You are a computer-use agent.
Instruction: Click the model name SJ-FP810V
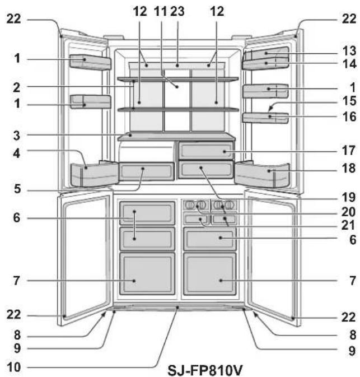[205, 370]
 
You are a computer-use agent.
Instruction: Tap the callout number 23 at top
[177, 11]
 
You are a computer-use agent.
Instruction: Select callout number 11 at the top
[160, 11]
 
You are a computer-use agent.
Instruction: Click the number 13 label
[349, 51]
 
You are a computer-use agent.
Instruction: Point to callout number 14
[349, 64]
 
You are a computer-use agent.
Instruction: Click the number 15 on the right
[349, 100]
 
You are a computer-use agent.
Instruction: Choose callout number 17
[349, 150]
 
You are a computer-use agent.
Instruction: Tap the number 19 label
[349, 197]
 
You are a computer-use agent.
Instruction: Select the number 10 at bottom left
[13, 367]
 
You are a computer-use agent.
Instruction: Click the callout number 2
[16, 87]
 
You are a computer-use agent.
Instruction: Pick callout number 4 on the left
[16, 153]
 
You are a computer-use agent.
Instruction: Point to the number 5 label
[17, 189]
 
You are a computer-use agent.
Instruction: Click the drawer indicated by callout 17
[205, 151]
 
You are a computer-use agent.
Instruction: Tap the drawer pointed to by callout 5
[147, 171]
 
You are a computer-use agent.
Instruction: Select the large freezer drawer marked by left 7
[147, 273]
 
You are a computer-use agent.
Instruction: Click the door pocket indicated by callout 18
[263, 175]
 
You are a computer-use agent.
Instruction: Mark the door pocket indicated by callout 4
[94, 175]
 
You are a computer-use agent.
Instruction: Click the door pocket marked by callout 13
[266, 53]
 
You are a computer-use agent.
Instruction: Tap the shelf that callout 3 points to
[176, 137]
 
